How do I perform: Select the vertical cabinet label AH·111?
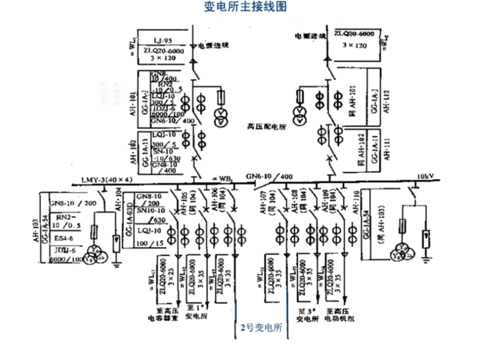[386, 147]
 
